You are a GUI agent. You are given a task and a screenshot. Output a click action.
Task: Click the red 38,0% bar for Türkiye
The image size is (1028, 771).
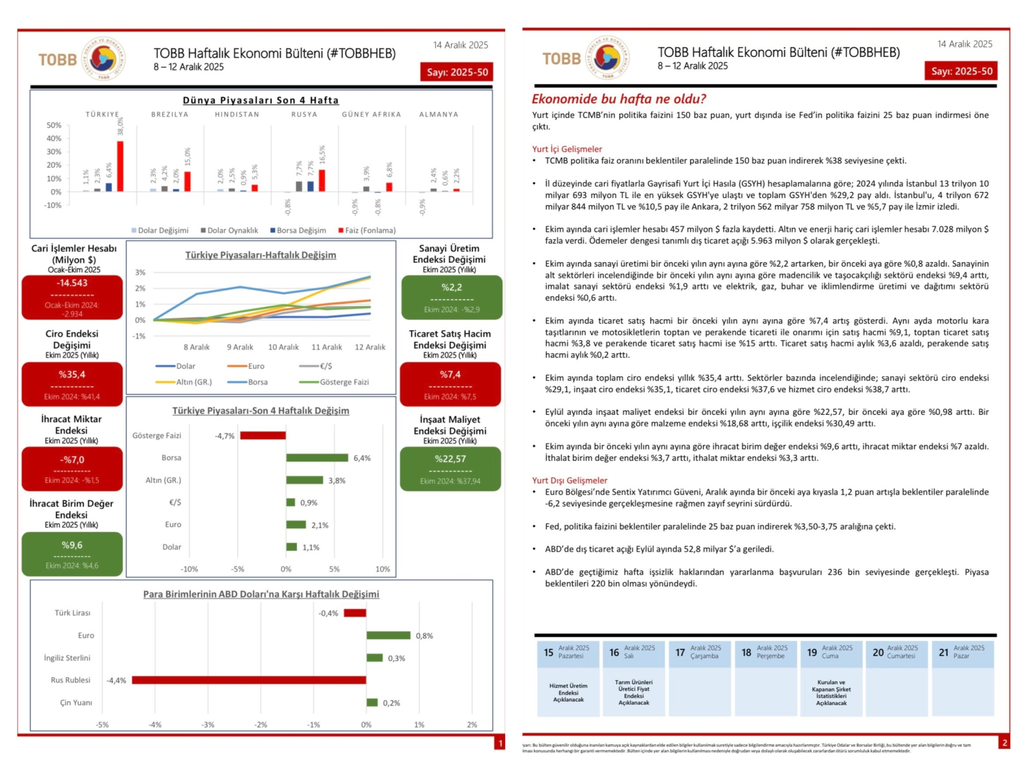pyautogui.click(x=120, y=167)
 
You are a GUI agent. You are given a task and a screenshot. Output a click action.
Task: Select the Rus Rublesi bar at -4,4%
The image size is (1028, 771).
pyautogui.click(x=249, y=680)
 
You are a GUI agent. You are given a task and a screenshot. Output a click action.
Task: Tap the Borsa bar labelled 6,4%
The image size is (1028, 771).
pyautogui.click(x=317, y=458)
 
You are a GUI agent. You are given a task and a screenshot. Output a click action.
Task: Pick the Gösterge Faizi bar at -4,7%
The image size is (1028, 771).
pyautogui.click(x=263, y=436)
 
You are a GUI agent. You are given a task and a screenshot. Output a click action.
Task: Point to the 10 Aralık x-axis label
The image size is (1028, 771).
pyautogui.click(x=283, y=347)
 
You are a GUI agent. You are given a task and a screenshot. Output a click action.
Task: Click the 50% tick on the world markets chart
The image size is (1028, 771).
pyautogui.click(x=54, y=125)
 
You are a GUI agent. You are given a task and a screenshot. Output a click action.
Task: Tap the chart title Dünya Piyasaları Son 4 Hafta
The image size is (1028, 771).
pyautogui.click(x=261, y=100)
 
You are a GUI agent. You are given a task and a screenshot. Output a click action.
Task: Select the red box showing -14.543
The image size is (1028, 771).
pyautogui.click(x=72, y=297)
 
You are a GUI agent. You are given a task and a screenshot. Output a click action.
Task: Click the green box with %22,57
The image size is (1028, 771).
pyautogui.click(x=450, y=469)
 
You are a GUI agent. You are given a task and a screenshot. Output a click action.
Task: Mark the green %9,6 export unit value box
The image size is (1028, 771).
pyautogui.click(x=72, y=554)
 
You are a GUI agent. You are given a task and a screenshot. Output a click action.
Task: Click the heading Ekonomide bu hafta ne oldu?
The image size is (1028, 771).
pyautogui.click(x=619, y=99)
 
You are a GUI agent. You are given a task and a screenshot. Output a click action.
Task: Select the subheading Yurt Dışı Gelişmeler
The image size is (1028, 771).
pyautogui.click(x=570, y=480)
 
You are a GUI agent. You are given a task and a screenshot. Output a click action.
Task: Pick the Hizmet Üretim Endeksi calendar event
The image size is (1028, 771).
pyautogui.click(x=568, y=692)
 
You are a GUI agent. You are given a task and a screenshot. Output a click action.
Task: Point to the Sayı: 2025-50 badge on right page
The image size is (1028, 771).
pyautogui.click(x=961, y=71)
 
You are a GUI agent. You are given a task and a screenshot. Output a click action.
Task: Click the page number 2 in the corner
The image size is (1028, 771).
pyautogui.click(x=1004, y=742)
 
